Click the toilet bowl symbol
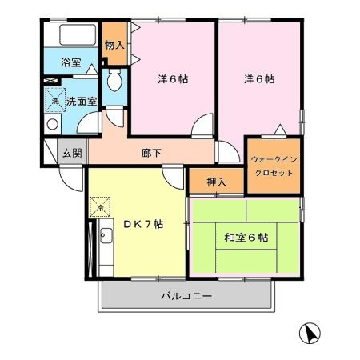tap(114, 80)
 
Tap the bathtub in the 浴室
tap(78, 34)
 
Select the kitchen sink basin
tap(106, 236)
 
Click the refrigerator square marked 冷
tap(100, 207)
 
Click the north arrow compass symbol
tap(310, 334)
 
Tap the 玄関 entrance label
tap(72, 153)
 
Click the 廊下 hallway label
tap(151, 153)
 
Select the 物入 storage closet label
tap(114, 45)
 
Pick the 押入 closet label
tap(217, 182)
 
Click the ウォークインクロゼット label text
tap(274, 166)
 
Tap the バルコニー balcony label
tap(186, 296)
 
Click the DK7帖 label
tap(143, 224)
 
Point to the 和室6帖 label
tap(246, 238)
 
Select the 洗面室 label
tap(82, 102)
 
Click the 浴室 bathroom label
tap(71, 62)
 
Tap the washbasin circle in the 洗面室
tap(53, 124)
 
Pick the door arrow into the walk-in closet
tap(280, 130)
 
